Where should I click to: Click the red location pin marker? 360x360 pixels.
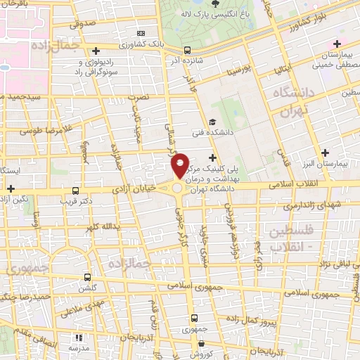(x=181, y=165)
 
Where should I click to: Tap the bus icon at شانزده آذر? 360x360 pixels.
(x=187, y=50)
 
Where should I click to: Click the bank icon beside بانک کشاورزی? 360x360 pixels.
(x=142, y=33)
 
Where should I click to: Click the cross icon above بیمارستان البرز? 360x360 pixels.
(x=325, y=153)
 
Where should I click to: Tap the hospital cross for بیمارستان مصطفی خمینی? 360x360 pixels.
(x=337, y=45)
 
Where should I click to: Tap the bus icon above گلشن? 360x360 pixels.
(x=86, y=276)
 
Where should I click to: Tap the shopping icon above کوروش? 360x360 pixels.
(x=201, y=344)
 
